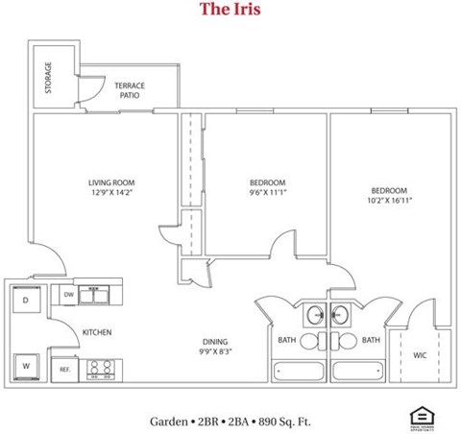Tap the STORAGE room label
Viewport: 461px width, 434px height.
(48, 78)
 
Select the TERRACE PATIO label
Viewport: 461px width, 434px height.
(130, 90)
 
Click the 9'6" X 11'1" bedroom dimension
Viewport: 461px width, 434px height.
(268, 193)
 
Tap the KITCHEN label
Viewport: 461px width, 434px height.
(97, 332)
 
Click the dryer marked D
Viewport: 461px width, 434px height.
(25, 301)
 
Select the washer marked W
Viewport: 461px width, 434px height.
(25, 366)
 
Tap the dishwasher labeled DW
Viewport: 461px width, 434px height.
(68, 296)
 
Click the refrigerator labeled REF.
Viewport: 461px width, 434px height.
(66, 369)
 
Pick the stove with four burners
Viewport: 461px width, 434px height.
(100, 367)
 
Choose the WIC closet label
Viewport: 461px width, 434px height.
(420, 355)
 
